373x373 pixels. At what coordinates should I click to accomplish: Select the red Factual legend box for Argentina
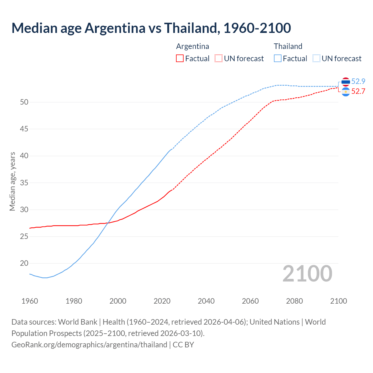pyautogui.click(x=180, y=58)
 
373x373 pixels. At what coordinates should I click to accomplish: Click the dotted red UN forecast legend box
pyautogui.click(x=219, y=58)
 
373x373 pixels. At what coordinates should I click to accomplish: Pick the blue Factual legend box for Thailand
pyautogui.click(x=278, y=58)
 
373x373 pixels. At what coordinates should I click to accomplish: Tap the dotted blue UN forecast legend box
pyautogui.click(x=316, y=58)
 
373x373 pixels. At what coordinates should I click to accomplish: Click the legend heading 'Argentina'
pyautogui.click(x=192, y=46)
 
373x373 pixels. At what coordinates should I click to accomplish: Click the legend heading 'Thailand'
pyautogui.click(x=288, y=46)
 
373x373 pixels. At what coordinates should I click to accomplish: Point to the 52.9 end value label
pyautogui.click(x=358, y=82)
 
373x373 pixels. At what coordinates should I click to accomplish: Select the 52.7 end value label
pyautogui.click(x=358, y=92)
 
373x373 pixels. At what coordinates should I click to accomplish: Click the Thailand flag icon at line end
pyautogui.click(x=346, y=82)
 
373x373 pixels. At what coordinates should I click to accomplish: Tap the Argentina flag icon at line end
pyautogui.click(x=346, y=92)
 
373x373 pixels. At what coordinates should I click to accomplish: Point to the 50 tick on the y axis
pyautogui.click(x=24, y=102)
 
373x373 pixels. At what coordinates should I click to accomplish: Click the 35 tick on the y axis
pyautogui.click(x=24, y=183)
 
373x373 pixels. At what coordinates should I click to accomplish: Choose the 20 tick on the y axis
pyautogui.click(x=24, y=263)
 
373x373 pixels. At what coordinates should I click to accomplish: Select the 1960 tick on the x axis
pyautogui.click(x=30, y=301)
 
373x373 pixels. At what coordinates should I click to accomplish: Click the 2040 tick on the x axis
pyautogui.click(x=206, y=301)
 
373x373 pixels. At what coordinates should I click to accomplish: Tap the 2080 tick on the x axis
pyautogui.click(x=294, y=301)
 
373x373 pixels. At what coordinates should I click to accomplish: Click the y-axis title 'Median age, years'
pyautogui.click(x=12, y=181)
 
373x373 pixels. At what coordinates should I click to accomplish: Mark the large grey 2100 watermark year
pyautogui.click(x=307, y=273)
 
